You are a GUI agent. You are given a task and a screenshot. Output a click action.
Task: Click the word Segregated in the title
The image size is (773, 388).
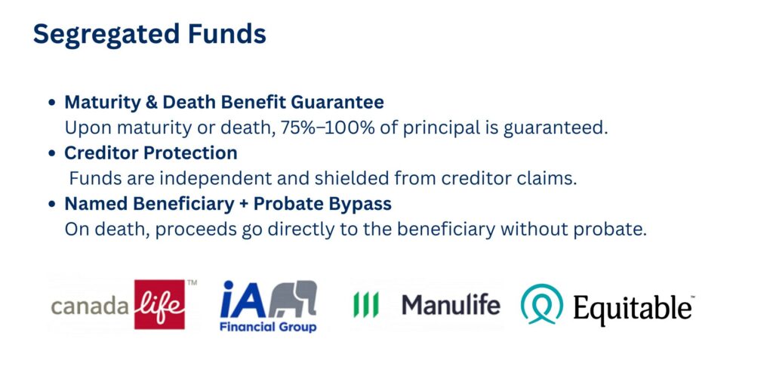click(x=106, y=35)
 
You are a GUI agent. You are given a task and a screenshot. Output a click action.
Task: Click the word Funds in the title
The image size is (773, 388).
click(x=227, y=33)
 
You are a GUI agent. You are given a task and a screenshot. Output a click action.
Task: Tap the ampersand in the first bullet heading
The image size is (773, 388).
click(x=151, y=102)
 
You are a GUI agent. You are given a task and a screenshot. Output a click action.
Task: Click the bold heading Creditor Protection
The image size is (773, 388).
click(x=151, y=152)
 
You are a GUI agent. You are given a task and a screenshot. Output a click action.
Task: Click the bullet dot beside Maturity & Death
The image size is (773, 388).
click(x=52, y=103)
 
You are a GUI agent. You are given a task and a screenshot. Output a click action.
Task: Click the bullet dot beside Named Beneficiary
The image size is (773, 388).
click(x=52, y=204)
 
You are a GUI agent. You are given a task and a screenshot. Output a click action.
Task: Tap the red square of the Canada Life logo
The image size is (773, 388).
click(x=160, y=304)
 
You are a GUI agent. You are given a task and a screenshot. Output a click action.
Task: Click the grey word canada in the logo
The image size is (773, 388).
click(x=91, y=306)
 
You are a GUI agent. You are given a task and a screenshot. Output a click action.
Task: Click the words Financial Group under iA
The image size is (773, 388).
click(x=268, y=327)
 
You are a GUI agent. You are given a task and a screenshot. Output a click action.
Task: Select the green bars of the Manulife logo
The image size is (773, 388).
click(x=366, y=305)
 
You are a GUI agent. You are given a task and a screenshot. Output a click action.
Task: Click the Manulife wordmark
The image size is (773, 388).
click(x=451, y=305)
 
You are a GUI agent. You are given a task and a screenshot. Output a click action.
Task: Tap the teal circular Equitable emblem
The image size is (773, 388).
click(x=542, y=304)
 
